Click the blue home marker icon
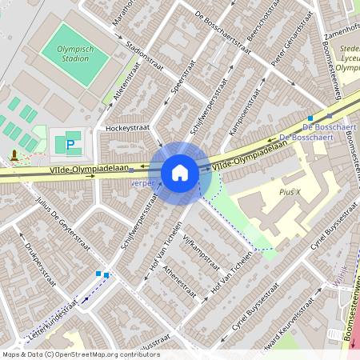(179, 172)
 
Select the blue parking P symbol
(70, 146)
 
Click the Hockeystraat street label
(128, 128)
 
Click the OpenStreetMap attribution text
(81, 354)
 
